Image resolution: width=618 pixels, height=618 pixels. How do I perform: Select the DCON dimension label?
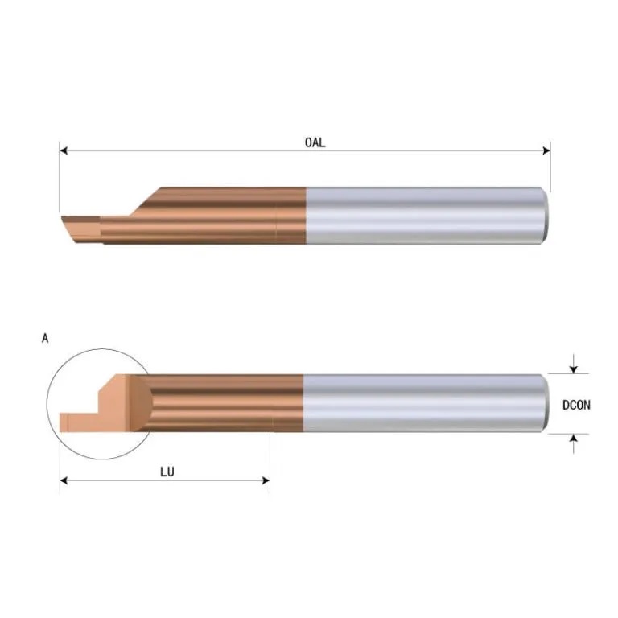point(576,406)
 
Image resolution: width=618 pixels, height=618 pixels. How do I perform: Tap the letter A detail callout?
point(45,339)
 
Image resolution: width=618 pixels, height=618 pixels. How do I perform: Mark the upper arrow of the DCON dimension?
point(573,369)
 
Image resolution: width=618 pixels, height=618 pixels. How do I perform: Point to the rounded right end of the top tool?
point(546,215)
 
